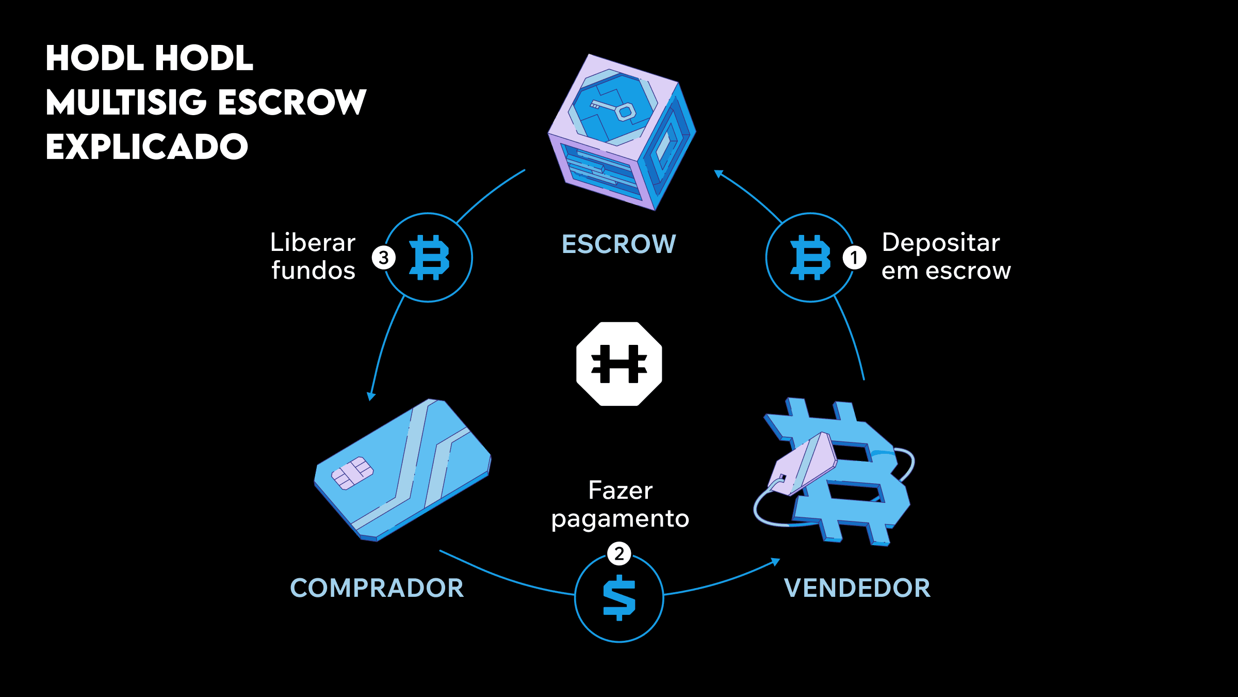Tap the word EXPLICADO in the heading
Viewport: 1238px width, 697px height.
click(147, 147)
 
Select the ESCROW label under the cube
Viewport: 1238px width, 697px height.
click(618, 244)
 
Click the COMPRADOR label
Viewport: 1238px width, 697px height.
click(377, 588)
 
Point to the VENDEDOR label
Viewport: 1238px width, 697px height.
click(857, 588)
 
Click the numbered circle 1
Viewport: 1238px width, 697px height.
click(854, 257)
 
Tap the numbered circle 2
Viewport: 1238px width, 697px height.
click(619, 553)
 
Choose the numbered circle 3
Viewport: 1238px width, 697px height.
click(384, 257)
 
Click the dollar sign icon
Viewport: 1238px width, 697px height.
click(619, 598)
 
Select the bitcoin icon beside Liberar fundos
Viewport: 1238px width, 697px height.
click(429, 257)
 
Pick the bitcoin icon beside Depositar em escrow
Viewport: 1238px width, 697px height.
click(810, 257)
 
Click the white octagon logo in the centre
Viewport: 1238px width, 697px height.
click(619, 364)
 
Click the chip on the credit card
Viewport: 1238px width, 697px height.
click(352, 472)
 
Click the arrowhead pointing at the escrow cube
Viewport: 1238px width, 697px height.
click(718, 173)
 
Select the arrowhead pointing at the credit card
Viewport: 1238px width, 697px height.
click(371, 396)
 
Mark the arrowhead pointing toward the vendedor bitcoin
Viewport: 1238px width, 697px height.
click(775, 562)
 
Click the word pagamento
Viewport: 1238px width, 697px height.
click(620, 519)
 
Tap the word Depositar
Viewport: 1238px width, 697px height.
click(941, 243)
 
